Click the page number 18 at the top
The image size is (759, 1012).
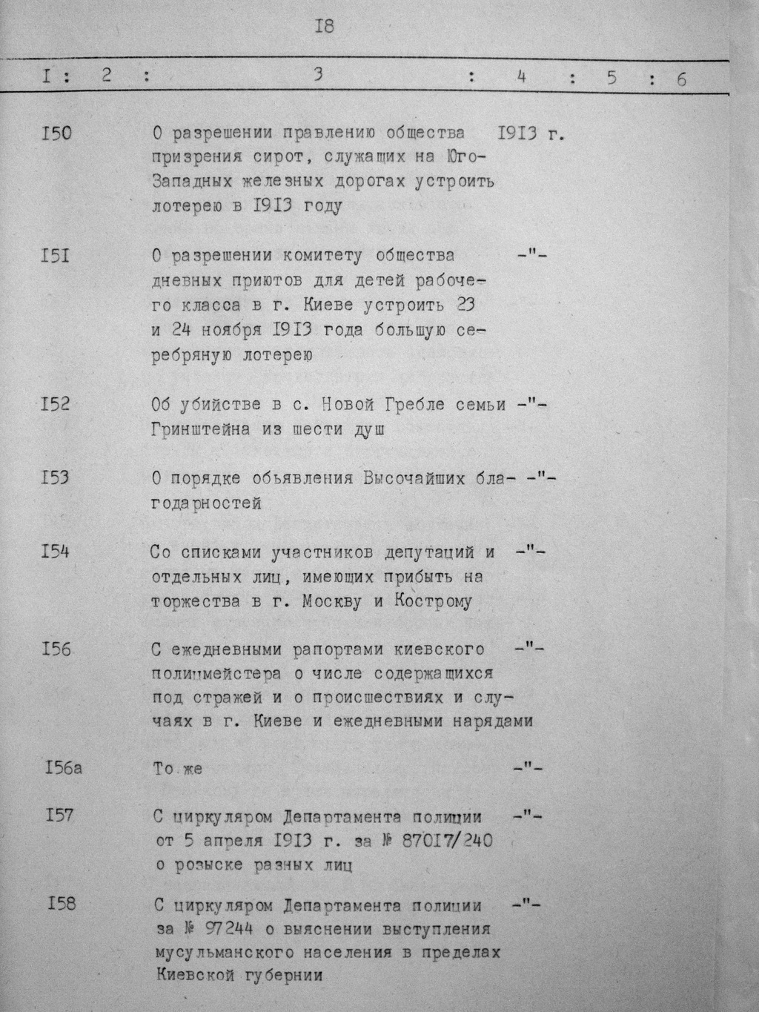click(325, 27)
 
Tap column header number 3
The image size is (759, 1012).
click(318, 75)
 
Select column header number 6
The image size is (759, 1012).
click(680, 79)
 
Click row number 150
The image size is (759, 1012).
click(57, 133)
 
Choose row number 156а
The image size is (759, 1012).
click(62, 767)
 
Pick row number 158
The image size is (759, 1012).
click(60, 903)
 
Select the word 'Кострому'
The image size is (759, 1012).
click(437, 601)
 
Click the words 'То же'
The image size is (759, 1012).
click(177, 769)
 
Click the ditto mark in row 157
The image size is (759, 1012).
click(528, 817)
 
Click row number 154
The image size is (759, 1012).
click(56, 552)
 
